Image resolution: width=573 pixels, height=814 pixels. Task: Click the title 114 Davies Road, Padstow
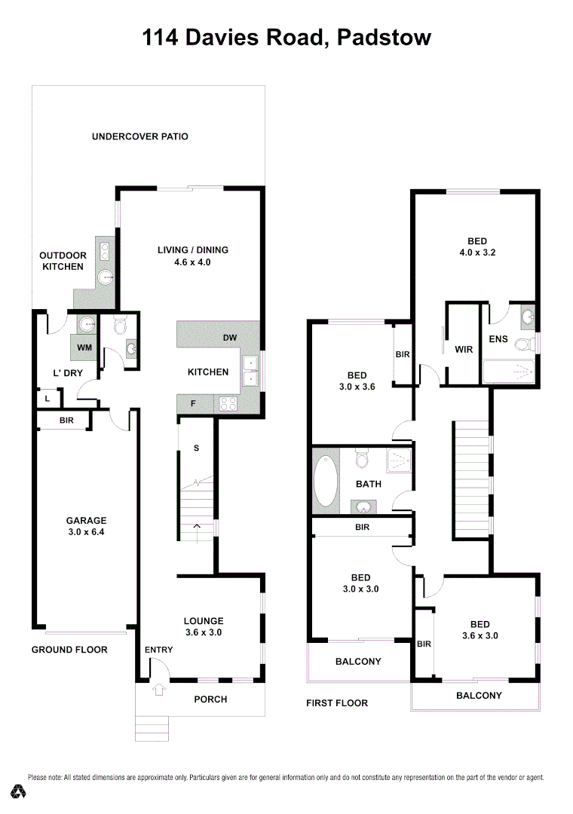(x=286, y=37)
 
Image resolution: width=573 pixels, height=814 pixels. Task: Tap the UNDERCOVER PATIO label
(x=139, y=136)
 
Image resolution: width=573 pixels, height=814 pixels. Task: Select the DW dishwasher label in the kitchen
(x=231, y=338)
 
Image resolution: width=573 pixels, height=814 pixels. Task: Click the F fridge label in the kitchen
(x=193, y=404)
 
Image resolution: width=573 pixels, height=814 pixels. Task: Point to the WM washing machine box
(x=84, y=347)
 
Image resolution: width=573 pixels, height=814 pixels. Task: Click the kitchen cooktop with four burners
(x=228, y=404)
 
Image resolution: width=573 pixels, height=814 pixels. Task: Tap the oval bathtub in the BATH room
(x=326, y=479)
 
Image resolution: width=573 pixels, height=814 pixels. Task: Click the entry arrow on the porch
(x=158, y=689)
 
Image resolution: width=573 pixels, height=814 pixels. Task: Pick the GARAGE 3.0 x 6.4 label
(x=86, y=526)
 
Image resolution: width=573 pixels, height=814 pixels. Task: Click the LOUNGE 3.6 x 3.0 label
(x=204, y=627)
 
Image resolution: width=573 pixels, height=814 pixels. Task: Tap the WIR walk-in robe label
(x=463, y=350)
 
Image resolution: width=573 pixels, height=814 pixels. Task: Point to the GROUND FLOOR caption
(x=69, y=650)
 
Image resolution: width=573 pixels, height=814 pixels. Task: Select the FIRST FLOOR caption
(x=337, y=703)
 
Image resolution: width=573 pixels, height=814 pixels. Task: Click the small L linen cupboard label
(x=47, y=398)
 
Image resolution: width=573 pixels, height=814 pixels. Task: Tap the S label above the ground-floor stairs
(x=196, y=448)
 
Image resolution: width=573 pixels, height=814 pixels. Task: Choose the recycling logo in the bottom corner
(x=19, y=791)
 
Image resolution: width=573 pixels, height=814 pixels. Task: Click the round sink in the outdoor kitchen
(x=105, y=277)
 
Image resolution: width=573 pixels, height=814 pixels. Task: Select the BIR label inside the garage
(x=66, y=421)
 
